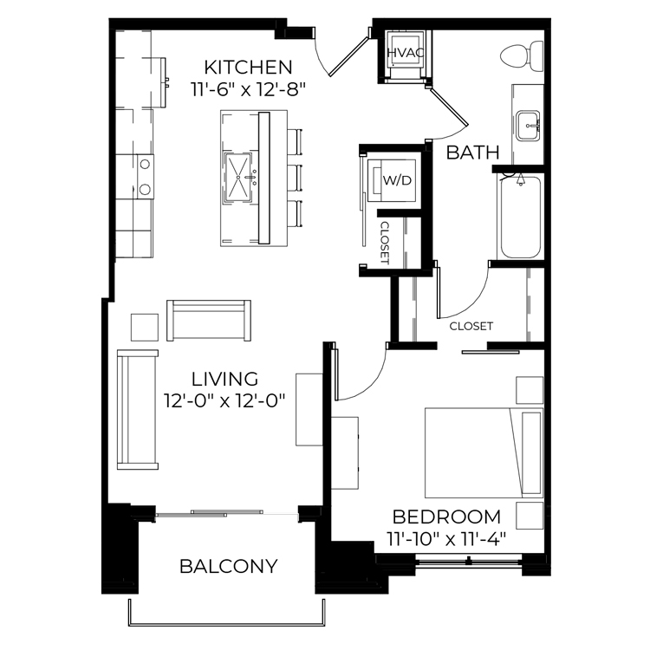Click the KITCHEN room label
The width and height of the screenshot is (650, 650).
(x=249, y=67)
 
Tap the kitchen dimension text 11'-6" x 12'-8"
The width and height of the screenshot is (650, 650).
(x=249, y=89)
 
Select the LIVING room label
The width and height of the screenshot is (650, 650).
(x=224, y=379)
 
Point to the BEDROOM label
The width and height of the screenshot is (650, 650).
(x=446, y=517)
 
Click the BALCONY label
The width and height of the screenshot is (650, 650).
(x=229, y=566)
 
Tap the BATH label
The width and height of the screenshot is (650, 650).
(x=472, y=153)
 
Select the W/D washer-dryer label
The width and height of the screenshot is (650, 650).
(x=397, y=180)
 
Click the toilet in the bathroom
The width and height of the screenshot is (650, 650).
(x=522, y=56)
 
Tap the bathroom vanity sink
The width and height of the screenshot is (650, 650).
(x=528, y=126)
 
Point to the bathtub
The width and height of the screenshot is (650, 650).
(x=521, y=217)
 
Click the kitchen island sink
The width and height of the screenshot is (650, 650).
(x=238, y=178)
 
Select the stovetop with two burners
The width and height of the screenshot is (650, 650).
(x=145, y=177)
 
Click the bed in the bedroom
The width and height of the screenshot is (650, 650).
(x=484, y=453)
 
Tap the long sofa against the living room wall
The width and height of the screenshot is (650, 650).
(x=138, y=410)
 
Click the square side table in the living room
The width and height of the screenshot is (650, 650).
(x=145, y=327)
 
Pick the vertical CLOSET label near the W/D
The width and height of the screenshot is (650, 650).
(x=385, y=243)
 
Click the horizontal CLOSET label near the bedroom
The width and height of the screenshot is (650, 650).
(x=471, y=326)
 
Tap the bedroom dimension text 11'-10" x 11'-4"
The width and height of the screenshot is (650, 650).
(x=446, y=539)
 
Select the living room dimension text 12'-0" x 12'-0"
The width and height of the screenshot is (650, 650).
(x=224, y=401)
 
